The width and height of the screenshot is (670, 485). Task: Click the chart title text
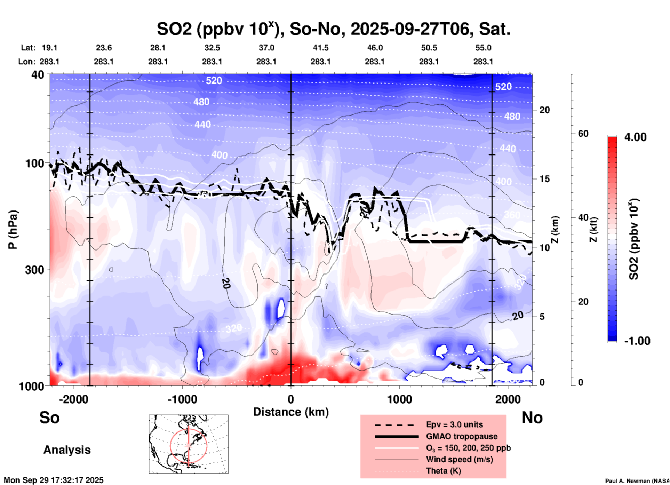[x=333, y=29]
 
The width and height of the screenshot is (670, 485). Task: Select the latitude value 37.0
[x=266, y=48]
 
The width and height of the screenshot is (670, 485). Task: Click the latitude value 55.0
[x=483, y=48]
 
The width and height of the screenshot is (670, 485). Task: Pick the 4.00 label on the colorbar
[x=635, y=137]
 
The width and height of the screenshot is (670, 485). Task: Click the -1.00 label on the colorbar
[x=637, y=341]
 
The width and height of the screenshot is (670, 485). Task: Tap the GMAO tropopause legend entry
[x=461, y=436]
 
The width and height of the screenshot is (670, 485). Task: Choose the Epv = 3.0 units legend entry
[x=454, y=424]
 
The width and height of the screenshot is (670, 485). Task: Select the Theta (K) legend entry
[x=443, y=471]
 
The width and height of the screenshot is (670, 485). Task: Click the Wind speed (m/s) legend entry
[x=459, y=460]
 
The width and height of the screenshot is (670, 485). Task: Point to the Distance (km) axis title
[x=291, y=412]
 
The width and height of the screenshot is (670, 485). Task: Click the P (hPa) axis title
[x=13, y=230]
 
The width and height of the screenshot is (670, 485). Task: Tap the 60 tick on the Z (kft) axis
[x=583, y=134]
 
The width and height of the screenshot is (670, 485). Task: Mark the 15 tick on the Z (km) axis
[x=544, y=179]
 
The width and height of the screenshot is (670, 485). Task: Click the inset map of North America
[x=189, y=444]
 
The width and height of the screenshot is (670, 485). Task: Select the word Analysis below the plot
[x=67, y=450]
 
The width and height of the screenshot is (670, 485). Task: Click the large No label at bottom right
[x=532, y=418]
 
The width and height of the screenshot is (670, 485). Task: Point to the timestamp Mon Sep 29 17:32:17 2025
[x=54, y=480]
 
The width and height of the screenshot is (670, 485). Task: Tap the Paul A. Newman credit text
[x=637, y=481]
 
